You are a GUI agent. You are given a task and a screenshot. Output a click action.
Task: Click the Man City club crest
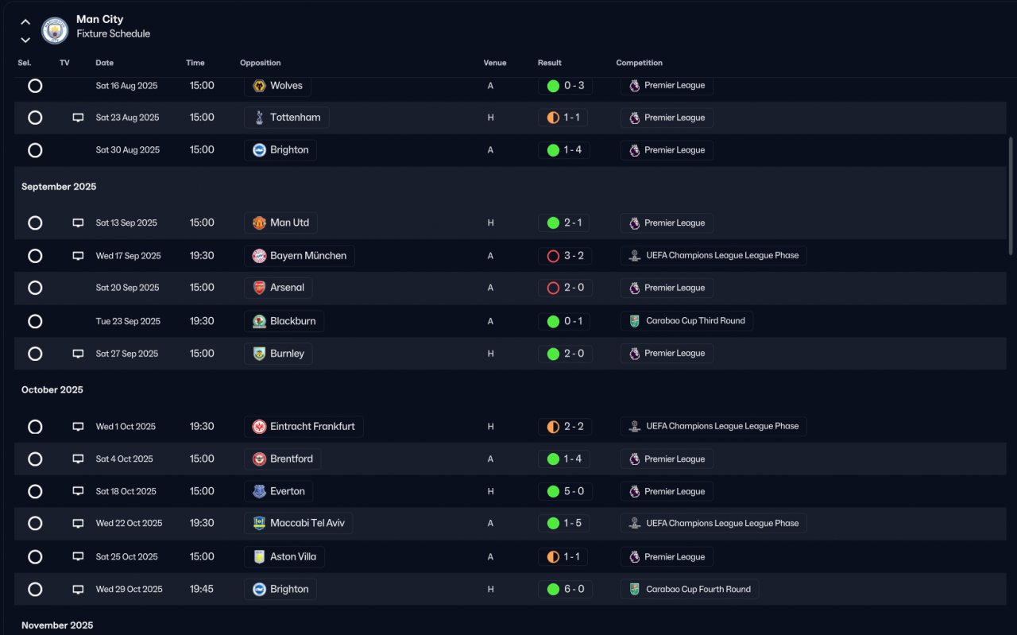pos(55,30)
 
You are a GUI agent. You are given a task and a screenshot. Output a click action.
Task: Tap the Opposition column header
pos(260,63)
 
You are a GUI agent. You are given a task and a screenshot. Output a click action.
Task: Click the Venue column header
pos(494,63)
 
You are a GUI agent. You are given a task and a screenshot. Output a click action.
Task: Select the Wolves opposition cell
pos(277,85)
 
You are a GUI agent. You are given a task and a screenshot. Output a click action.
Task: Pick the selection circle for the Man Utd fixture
pos(35,223)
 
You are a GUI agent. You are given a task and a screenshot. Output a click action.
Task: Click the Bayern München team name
pos(307,256)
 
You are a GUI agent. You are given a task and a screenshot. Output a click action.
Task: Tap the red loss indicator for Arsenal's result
pos(553,288)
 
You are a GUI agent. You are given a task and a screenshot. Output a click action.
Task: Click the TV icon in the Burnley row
pos(78,354)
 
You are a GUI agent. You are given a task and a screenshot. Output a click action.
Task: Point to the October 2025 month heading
pos(52,389)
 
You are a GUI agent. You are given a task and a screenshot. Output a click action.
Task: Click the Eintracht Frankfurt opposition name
pos(312,427)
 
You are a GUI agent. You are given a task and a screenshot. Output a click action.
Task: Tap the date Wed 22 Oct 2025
pos(129,523)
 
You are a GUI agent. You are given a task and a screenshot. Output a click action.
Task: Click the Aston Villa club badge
pos(259,557)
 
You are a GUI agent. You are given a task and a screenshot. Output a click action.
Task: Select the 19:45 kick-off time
pos(202,589)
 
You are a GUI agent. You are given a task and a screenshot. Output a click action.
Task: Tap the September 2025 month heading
pos(59,187)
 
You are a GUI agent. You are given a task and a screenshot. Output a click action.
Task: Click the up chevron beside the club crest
pos(25,21)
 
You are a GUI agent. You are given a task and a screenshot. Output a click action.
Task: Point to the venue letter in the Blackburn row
pos(490,322)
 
